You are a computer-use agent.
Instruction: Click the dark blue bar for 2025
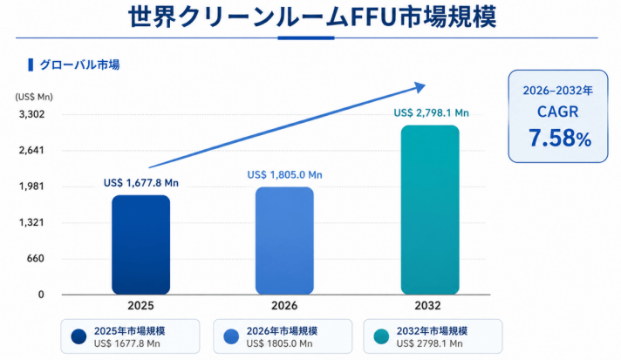(141, 245)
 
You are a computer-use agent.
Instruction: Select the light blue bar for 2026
(284, 241)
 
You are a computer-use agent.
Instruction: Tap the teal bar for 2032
(430, 210)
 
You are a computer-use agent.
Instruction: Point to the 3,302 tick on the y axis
(32, 114)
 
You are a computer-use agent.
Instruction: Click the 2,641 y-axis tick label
(32, 150)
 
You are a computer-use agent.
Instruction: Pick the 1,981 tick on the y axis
(32, 187)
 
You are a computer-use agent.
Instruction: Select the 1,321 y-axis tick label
(32, 222)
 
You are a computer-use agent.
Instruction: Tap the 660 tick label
(36, 259)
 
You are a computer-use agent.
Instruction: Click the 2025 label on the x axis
(140, 306)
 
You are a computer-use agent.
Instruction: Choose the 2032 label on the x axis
(427, 306)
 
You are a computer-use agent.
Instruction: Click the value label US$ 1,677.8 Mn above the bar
(141, 183)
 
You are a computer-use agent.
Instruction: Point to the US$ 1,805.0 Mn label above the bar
(284, 175)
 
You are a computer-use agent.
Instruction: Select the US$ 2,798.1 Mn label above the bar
(431, 113)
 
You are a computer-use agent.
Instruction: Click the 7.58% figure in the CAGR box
(560, 138)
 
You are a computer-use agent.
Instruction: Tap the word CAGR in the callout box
(558, 112)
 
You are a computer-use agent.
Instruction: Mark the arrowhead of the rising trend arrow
(420, 87)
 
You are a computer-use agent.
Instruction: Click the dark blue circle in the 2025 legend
(78, 336)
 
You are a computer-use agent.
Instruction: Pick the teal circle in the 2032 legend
(381, 336)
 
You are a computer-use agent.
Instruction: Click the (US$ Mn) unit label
(34, 97)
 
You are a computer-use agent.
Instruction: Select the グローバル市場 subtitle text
(79, 65)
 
